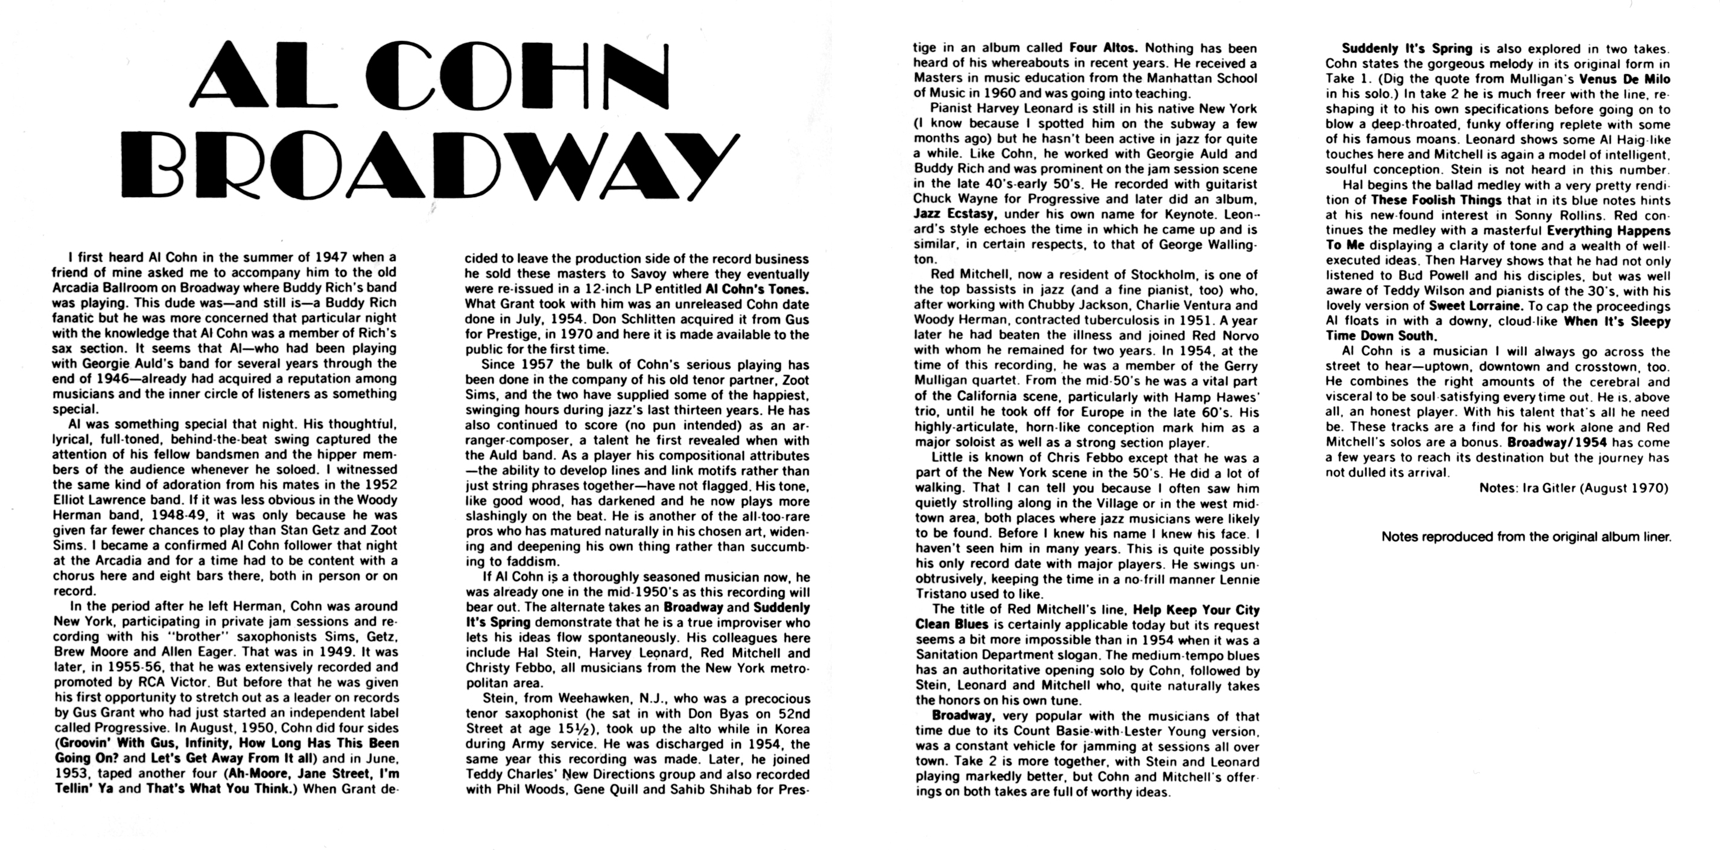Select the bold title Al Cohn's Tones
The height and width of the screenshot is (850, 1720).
coord(757,289)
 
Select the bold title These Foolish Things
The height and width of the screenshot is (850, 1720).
coord(1436,200)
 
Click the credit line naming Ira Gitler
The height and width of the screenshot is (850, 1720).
coord(1573,488)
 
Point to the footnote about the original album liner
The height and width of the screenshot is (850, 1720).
coord(1526,537)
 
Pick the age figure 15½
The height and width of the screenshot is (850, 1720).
coord(574,729)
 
